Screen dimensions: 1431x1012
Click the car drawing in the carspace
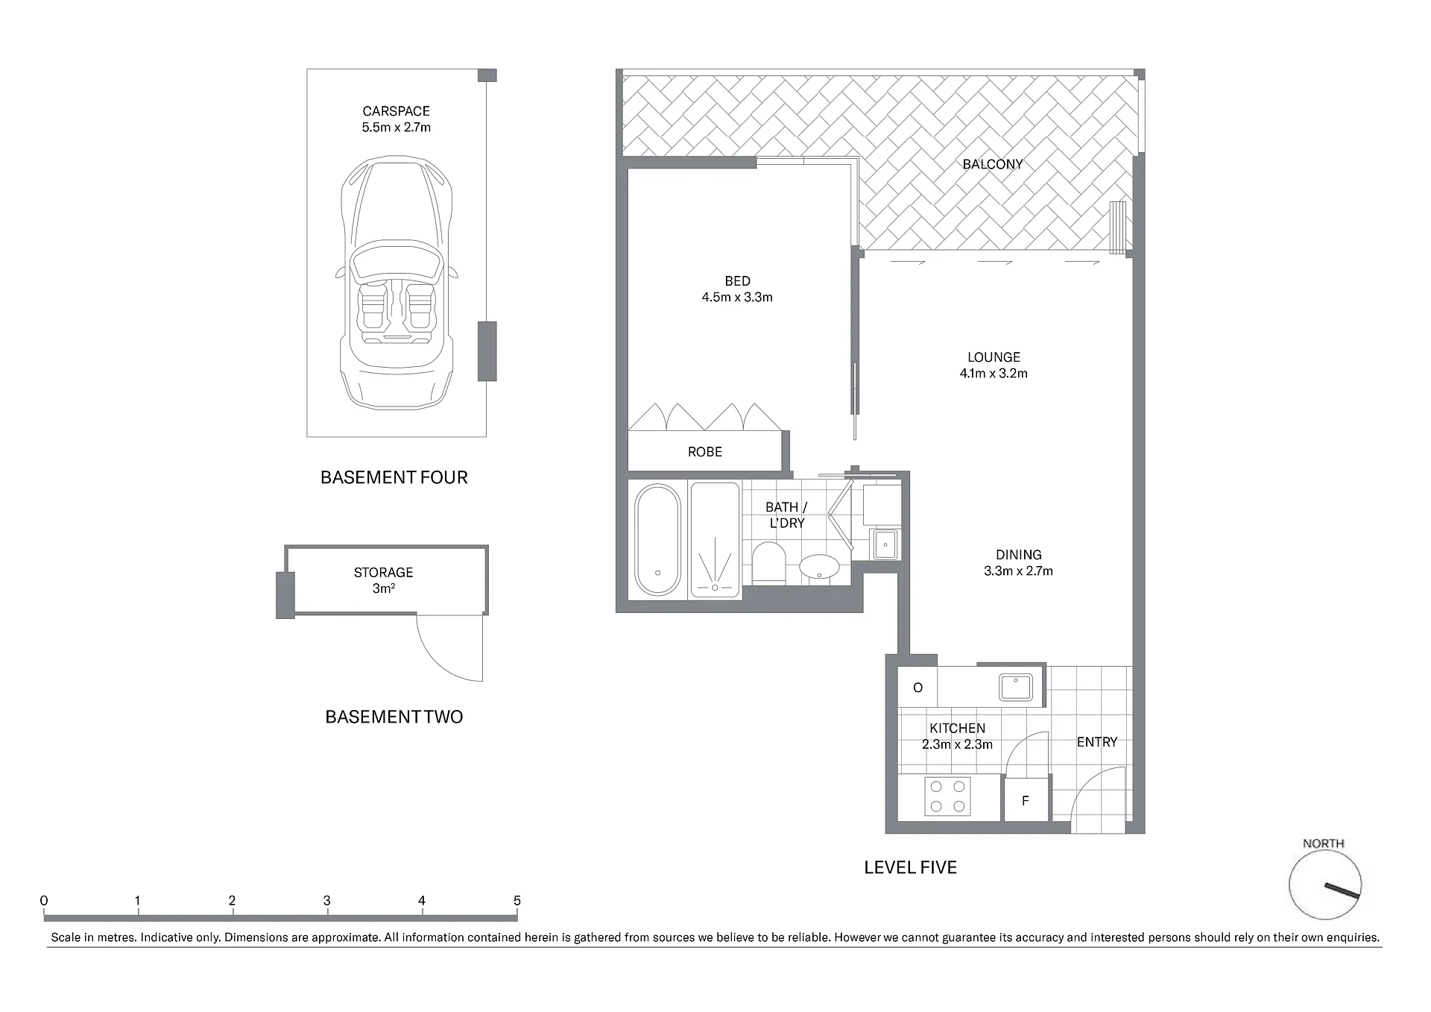(397, 283)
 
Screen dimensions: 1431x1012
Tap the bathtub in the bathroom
(657, 539)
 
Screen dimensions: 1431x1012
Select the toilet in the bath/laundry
(769, 563)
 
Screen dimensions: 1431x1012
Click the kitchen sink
(1016, 687)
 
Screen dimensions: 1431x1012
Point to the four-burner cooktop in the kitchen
(947, 796)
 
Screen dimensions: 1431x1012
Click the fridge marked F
(1026, 799)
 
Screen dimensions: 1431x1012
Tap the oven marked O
(917, 687)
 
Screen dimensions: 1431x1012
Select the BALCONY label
(993, 164)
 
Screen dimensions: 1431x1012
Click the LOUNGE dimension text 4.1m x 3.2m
(994, 374)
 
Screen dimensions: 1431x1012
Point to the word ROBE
(705, 452)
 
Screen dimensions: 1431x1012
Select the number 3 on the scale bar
(327, 901)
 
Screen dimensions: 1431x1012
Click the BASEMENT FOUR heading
(394, 477)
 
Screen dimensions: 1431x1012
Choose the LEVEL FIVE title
(910, 867)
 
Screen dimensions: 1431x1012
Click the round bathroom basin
(819, 567)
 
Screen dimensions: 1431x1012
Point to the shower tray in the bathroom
(715, 539)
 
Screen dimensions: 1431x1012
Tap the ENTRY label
(1097, 742)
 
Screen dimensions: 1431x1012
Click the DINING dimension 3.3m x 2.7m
(1018, 571)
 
